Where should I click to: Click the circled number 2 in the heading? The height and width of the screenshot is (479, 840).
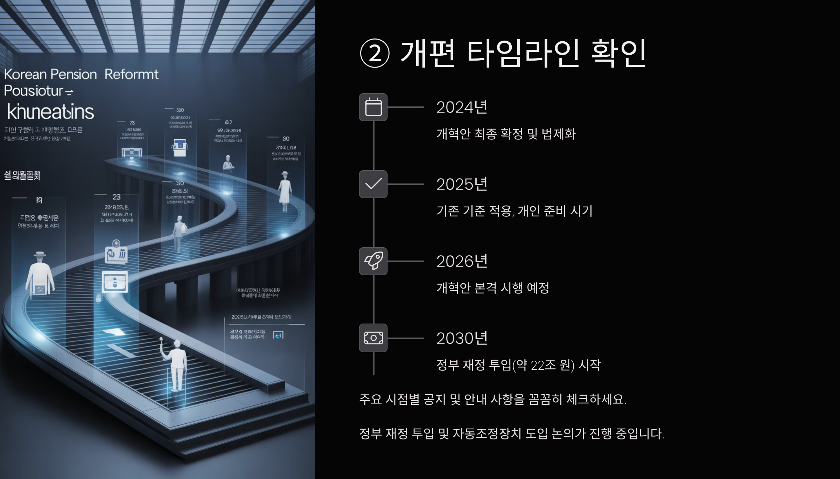374,53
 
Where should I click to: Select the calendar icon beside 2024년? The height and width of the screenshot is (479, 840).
373,107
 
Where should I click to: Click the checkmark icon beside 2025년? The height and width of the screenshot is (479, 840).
373,184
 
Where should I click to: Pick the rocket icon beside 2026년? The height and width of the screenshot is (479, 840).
373,261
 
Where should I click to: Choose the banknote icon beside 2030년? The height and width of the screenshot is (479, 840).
373,338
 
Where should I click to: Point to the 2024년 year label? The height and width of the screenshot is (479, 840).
462,107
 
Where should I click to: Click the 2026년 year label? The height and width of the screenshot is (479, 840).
462,261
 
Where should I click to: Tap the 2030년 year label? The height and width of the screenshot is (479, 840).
462,338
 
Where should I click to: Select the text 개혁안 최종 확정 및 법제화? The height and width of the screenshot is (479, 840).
506,134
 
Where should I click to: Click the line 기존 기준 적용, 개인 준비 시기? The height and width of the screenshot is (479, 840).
514,211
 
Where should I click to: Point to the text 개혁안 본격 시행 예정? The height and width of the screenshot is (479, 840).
492,288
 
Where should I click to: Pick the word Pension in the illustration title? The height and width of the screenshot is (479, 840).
73,74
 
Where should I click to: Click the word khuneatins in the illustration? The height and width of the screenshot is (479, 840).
50,112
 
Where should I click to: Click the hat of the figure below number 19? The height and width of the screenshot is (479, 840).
40,254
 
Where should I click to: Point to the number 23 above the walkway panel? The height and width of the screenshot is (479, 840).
116,197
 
